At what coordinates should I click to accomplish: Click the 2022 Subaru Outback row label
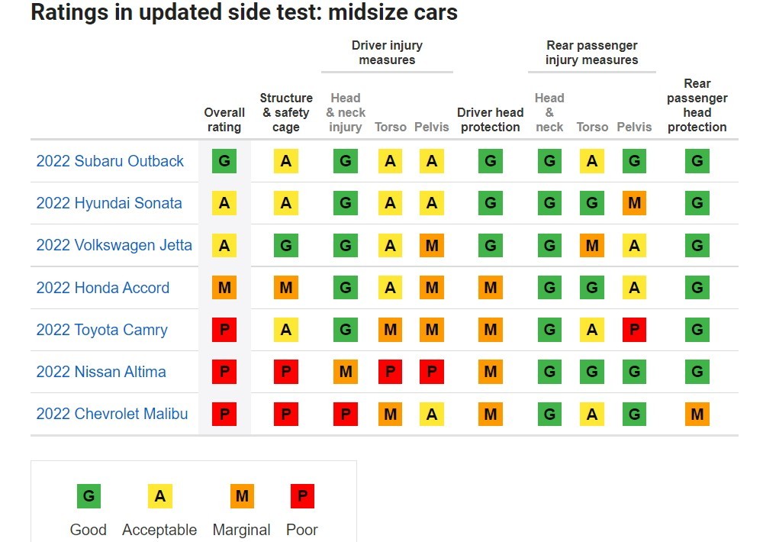[x=110, y=161]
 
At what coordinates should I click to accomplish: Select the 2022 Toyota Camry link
[x=101, y=330]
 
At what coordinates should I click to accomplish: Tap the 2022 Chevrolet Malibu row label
[x=111, y=414]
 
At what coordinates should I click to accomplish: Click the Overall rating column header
[x=224, y=120]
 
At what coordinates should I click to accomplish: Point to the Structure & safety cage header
[x=286, y=112]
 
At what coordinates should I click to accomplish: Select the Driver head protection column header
[x=490, y=120]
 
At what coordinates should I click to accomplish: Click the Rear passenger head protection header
[x=697, y=105]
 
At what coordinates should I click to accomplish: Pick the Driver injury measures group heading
[x=387, y=53]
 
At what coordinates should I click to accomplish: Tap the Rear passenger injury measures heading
[x=591, y=53]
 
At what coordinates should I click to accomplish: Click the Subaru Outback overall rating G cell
[x=224, y=161]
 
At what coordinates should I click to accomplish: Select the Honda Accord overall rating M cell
[x=224, y=288]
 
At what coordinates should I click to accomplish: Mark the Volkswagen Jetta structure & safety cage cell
[x=286, y=246]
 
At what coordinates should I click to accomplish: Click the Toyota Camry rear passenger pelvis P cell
[x=634, y=330]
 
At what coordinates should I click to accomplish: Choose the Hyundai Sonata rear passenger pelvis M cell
[x=634, y=203]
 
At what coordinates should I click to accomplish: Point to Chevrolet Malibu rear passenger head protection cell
[x=697, y=414]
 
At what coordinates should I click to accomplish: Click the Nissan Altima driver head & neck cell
[x=346, y=372]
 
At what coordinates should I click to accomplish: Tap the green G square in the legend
[x=89, y=496]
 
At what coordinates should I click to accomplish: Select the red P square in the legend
[x=302, y=496]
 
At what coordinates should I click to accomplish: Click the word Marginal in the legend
[x=241, y=530]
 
